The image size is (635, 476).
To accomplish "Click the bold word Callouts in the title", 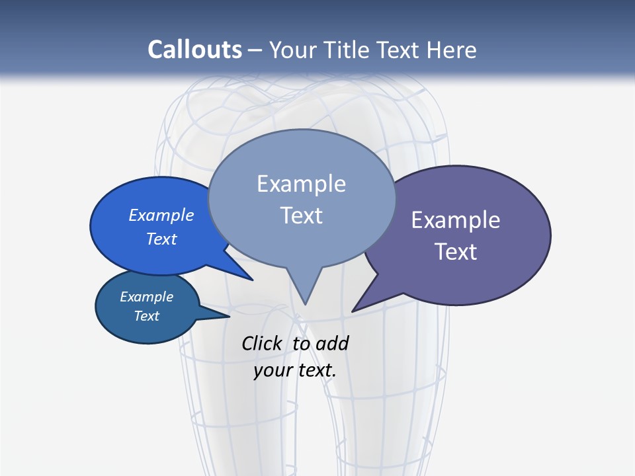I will pos(194,50).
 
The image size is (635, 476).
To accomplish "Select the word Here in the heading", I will pos(452,50).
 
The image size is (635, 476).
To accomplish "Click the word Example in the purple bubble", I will pos(456,220).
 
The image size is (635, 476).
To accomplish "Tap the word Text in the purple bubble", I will pos(456,252).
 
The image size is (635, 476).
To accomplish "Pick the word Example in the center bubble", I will pos(301,184).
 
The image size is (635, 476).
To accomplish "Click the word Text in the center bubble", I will pos(301,216).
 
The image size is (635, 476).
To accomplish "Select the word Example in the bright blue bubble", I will pos(161,215).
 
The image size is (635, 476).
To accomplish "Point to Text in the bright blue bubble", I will pos(161,239).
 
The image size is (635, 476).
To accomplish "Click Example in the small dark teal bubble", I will pos(146,297).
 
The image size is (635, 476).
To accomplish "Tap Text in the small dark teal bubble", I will pos(146,316).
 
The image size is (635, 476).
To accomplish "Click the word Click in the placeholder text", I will pos(262,343).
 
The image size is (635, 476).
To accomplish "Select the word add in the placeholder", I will pos(332,343).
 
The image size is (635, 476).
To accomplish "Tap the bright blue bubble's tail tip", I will pos(252,280).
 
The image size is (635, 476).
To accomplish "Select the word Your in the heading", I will pos(293,50).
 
